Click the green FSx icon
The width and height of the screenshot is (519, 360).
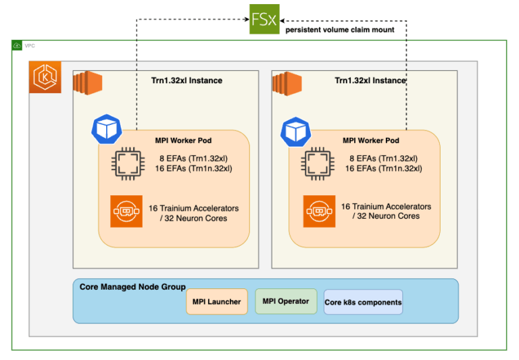[x=264, y=18]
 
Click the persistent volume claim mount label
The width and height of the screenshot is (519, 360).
[x=340, y=30]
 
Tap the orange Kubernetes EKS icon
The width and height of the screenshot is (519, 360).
[x=45, y=78]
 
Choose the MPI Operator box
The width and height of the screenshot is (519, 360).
[x=285, y=301]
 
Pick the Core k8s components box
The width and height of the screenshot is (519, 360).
[x=363, y=303]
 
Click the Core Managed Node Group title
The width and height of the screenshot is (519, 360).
[x=132, y=287]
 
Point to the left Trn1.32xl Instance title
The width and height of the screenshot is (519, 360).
[x=187, y=80]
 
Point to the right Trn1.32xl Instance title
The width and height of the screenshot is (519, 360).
[x=370, y=80]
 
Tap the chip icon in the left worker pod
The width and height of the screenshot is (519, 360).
[x=127, y=163]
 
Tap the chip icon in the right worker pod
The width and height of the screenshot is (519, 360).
[x=318, y=163]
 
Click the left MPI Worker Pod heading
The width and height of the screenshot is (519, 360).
[x=182, y=140]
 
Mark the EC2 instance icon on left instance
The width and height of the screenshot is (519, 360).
[x=87, y=82]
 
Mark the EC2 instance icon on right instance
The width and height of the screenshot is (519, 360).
[x=286, y=83]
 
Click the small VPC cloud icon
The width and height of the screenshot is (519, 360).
[x=17, y=45]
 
